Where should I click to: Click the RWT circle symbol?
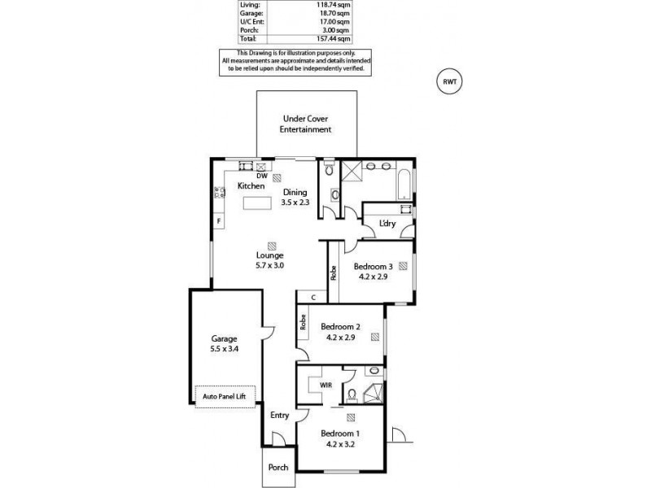(x=448, y=81)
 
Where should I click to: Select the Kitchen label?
(x=251, y=186)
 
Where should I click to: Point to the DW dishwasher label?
(x=261, y=176)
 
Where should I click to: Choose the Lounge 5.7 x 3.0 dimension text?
(x=270, y=265)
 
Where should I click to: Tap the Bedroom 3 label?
(x=374, y=266)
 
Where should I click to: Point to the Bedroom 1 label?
(x=340, y=434)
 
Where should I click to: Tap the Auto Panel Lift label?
(x=225, y=397)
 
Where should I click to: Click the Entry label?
(x=279, y=416)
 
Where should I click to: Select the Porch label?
(x=278, y=468)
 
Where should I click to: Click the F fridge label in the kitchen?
(x=219, y=221)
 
